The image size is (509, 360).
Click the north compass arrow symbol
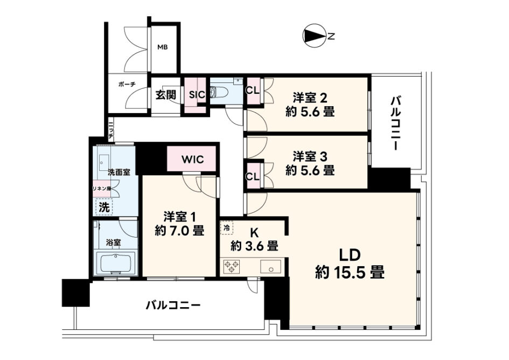point(314,36)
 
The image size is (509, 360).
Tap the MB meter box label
point(163,47)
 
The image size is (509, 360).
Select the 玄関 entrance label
point(165,95)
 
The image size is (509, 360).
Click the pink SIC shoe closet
point(195,95)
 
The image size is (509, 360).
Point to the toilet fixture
point(216,92)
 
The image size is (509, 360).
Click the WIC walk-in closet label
point(192,159)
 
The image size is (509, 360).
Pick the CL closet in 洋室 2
point(253,91)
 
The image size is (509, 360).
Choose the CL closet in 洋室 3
point(253,176)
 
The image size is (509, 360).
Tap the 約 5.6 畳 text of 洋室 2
point(310,112)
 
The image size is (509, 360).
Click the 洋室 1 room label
point(179,217)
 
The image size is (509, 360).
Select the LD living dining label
point(350,255)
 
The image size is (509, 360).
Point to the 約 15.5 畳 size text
point(350,272)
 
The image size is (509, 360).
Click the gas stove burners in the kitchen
point(232,266)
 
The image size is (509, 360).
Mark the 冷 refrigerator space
point(227,228)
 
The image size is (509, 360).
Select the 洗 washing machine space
point(104,206)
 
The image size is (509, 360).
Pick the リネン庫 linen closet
point(102,189)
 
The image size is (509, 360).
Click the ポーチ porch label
point(127,85)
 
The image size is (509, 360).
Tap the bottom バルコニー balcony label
point(173,306)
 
